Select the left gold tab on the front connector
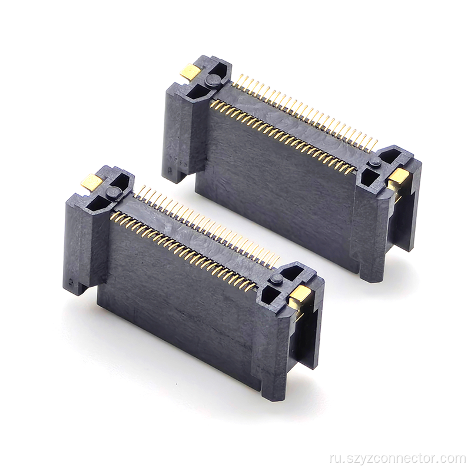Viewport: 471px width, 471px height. pyautogui.click(x=92, y=183)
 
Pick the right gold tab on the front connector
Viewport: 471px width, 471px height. pyautogui.click(x=299, y=296)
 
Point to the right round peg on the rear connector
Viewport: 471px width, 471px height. pyautogui.click(x=374, y=162)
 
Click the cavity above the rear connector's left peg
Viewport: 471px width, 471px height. pyautogui.click(x=221, y=69)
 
